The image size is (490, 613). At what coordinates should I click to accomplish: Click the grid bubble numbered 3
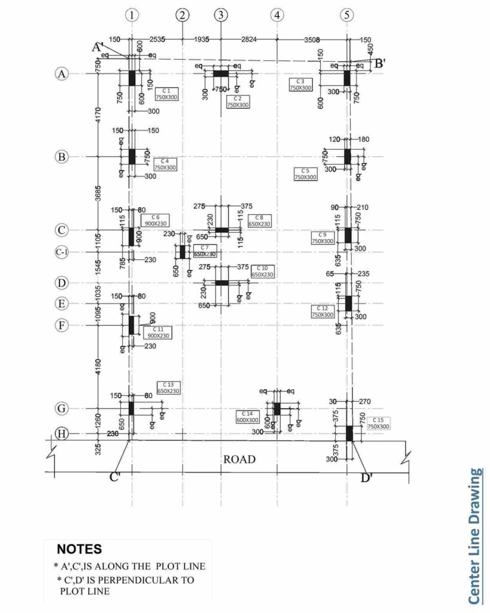(221, 15)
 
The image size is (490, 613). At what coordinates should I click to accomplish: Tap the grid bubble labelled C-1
(62, 253)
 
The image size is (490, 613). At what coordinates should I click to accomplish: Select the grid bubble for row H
(61, 433)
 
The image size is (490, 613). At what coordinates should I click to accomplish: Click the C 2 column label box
(238, 102)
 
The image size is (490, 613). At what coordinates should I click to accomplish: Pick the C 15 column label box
(379, 423)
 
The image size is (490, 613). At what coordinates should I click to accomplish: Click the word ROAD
(239, 460)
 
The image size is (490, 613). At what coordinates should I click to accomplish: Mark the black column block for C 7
(182, 251)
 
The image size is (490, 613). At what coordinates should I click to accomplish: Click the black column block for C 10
(222, 283)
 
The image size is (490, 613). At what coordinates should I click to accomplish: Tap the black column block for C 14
(277, 408)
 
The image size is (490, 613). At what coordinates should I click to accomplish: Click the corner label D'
(367, 478)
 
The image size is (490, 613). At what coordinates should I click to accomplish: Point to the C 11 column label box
(158, 333)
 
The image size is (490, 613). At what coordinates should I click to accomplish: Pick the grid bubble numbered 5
(347, 15)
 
